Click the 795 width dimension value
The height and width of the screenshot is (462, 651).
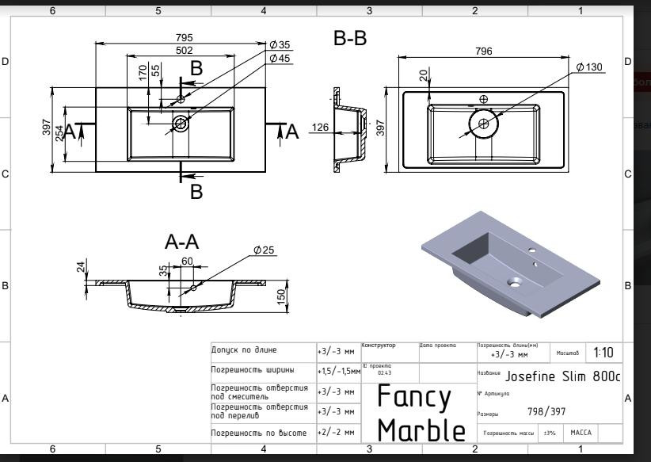(x=185, y=38)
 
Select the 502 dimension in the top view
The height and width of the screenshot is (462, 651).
(x=185, y=50)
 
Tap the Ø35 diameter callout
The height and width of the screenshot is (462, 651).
(x=280, y=45)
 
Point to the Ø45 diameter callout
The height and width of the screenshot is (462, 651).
(x=280, y=59)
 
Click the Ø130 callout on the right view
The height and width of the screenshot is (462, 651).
(x=589, y=67)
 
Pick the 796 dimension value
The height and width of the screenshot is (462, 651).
(x=483, y=52)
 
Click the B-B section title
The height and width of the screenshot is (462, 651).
(x=350, y=39)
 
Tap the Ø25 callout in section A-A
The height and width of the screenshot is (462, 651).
(x=264, y=250)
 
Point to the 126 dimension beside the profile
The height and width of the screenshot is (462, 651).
(x=320, y=127)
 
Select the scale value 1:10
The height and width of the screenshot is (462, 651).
(x=603, y=352)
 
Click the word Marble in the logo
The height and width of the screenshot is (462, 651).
(x=421, y=430)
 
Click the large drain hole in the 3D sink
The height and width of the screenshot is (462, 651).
(x=515, y=281)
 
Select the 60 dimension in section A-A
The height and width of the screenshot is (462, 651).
(x=188, y=262)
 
